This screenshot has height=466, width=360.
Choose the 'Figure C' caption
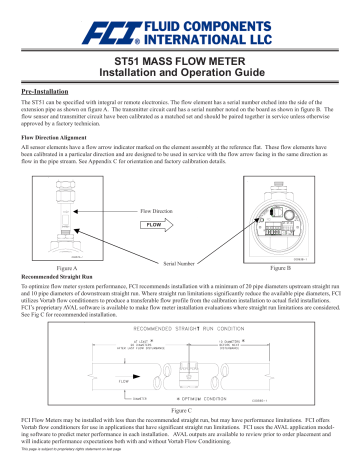tap(180, 410)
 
